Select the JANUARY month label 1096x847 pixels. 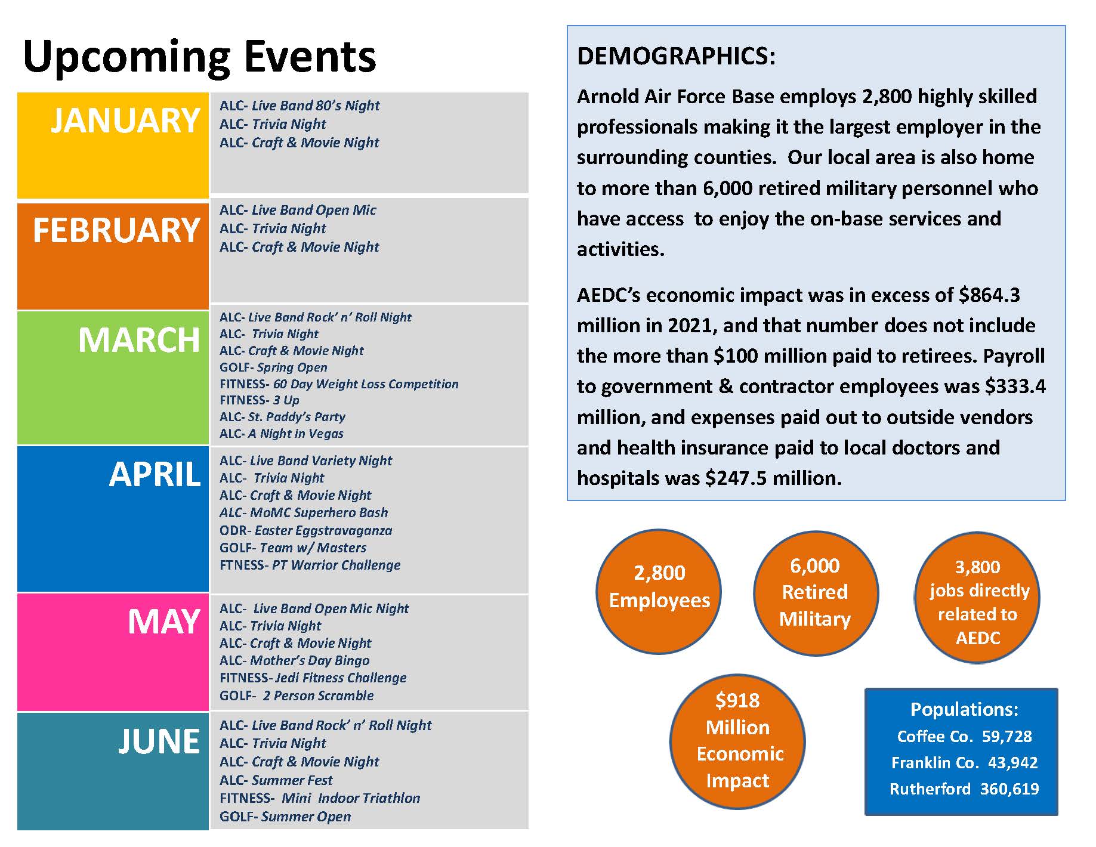pos(125,120)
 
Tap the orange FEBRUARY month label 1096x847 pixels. pos(116,230)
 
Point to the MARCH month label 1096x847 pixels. pos(139,340)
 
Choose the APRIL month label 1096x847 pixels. pos(155,475)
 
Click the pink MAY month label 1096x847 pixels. pos(164,622)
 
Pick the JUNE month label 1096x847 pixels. pos(159,741)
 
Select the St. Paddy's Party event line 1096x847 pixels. pos(282,417)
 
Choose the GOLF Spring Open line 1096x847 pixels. pos(273,367)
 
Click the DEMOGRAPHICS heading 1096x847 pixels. pos(676,56)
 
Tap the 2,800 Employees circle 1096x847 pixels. pos(659,592)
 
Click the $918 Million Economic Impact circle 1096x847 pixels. pos(737,741)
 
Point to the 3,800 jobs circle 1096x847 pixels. pos(977,598)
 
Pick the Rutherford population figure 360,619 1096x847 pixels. pos(1009,789)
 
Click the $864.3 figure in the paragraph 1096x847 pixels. pos(989,295)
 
